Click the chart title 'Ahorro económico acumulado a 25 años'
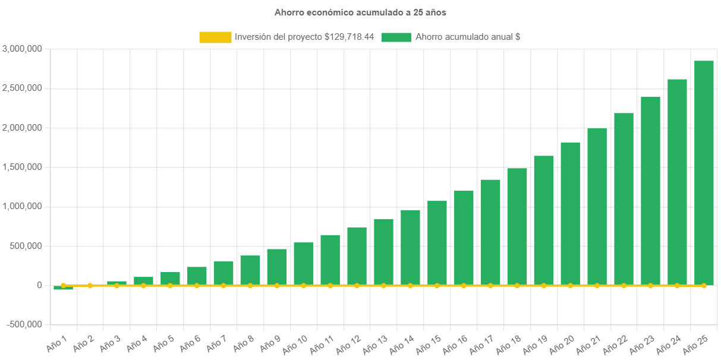[x=360, y=12]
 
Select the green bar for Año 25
[x=704, y=172]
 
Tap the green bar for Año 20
[x=570, y=213]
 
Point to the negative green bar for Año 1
[x=63, y=288]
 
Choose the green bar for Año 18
[x=517, y=226]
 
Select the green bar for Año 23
[x=650, y=190]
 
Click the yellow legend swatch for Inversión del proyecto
[x=215, y=37]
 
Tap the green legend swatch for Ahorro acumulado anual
[x=396, y=37]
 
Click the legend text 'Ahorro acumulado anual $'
[x=468, y=37]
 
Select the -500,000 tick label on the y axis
[x=24, y=324]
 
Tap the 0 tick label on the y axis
[x=39, y=285]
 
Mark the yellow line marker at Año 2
[x=90, y=286]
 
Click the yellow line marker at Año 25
[x=704, y=286]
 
